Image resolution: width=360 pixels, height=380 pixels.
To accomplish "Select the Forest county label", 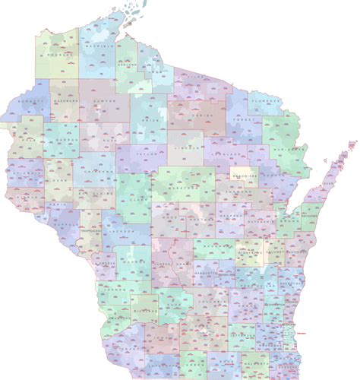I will [242, 119].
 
